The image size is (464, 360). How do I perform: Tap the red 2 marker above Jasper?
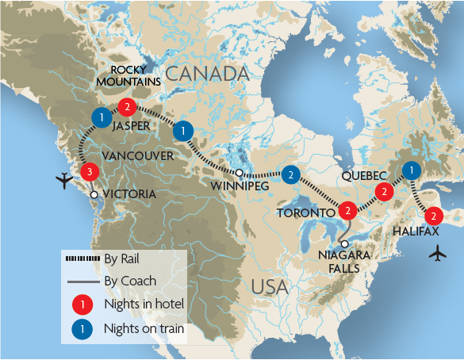(x=125, y=107)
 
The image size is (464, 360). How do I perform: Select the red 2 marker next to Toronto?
(x=347, y=211)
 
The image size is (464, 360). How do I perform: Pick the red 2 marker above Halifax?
(x=433, y=216)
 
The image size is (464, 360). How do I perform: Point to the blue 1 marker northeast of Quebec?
(x=411, y=170)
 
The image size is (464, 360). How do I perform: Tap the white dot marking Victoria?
(x=94, y=194)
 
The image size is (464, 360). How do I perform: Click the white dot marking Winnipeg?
(x=239, y=172)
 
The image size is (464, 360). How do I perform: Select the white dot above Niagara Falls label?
(x=343, y=243)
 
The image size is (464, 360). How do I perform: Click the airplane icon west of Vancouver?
(x=64, y=182)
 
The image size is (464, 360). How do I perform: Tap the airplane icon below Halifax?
(x=435, y=254)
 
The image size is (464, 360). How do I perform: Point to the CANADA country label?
(x=213, y=74)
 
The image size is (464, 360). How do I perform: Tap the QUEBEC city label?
(x=364, y=174)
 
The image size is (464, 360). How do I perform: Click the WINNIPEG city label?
(x=237, y=186)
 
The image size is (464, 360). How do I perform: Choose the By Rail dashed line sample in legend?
(x=82, y=258)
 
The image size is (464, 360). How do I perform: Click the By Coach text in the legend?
(x=130, y=281)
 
